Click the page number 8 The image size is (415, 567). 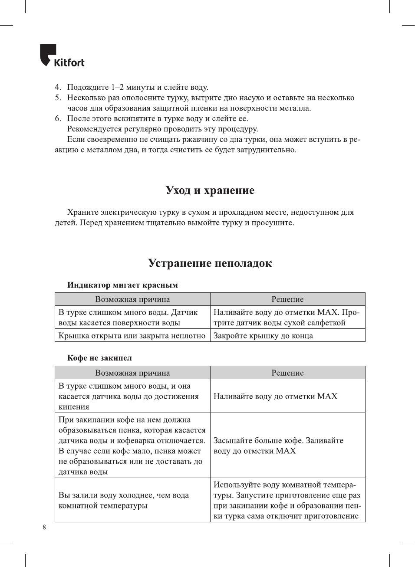tap(44, 527)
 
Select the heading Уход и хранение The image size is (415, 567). tap(210, 190)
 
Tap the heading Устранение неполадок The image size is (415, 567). tap(210, 263)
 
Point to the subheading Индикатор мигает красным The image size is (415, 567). tap(122, 285)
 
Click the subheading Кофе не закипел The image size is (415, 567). tap(99, 358)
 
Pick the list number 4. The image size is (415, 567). tap(58, 87)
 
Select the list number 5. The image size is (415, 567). tap(58, 98)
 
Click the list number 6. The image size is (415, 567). tap(58, 118)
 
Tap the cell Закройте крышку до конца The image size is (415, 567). tap(263, 336)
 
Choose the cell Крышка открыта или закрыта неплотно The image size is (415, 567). tap(132, 336)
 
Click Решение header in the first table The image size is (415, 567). tap(287, 299)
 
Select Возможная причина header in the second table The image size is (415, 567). tap(132, 373)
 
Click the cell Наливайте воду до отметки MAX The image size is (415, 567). tap(275, 397)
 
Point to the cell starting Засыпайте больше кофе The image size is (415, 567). tap(278, 446)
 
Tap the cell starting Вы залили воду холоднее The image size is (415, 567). tap(124, 500)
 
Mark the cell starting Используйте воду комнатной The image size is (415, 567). tap(287, 500)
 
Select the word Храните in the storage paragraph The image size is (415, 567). tap(82, 212)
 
